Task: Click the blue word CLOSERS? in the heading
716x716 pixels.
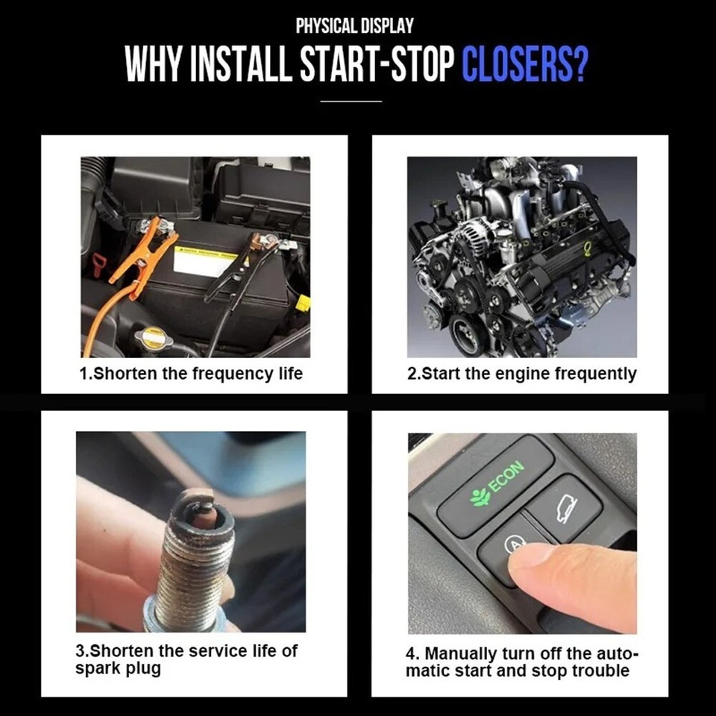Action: tap(524, 65)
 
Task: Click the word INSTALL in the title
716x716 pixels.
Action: tap(241, 65)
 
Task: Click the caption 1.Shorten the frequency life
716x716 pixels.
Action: tap(191, 373)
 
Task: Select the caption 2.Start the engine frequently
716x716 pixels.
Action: tap(521, 373)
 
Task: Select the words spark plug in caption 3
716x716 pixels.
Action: tap(118, 668)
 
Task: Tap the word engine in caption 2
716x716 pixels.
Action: tap(524, 373)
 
